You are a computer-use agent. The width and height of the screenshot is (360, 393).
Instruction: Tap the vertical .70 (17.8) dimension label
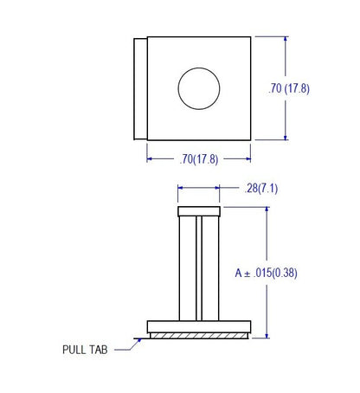289,88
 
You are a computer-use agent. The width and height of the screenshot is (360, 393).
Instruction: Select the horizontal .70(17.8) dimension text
199,159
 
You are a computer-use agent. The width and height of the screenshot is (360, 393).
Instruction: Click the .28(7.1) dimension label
260,189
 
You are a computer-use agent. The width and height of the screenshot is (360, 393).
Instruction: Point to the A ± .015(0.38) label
266,273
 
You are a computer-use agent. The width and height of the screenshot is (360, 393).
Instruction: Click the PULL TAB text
85,350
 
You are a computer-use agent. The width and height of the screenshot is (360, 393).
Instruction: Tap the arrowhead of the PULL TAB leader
139,340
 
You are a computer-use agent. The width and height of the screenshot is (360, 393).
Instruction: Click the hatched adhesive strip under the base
199,336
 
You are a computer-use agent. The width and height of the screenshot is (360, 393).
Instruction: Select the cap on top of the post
199,211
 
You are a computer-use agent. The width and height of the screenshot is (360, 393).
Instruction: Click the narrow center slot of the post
199,268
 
